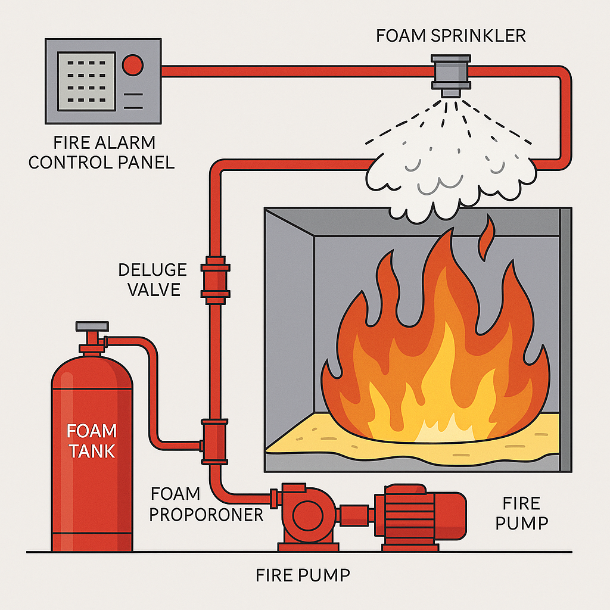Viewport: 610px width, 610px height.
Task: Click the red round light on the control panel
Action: click(132, 64)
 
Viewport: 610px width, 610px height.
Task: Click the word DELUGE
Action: click(152, 270)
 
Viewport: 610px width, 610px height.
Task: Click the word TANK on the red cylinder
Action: click(92, 451)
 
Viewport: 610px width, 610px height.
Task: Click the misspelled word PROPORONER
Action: click(206, 513)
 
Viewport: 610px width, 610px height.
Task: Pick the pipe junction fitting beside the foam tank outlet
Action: click(214, 441)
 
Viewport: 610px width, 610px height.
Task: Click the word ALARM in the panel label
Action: click(128, 143)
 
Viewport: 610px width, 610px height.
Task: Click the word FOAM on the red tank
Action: click(92, 431)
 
